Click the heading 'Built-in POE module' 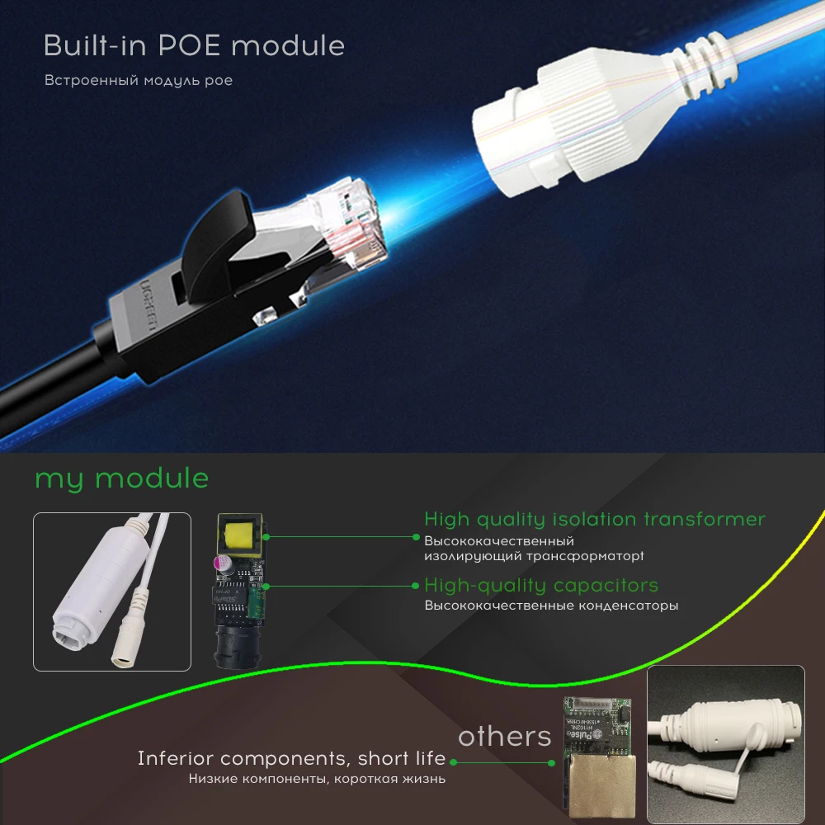click(194, 45)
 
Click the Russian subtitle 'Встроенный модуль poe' click(138, 81)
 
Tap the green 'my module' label click(121, 478)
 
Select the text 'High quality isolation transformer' click(594, 519)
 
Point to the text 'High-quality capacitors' click(540, 585)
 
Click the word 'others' click(504, 736)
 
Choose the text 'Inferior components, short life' click(291, 758)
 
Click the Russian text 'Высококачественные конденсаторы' click(551, 606)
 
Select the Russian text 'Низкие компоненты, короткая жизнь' click(317, 778)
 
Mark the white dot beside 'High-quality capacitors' click(416, 586)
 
